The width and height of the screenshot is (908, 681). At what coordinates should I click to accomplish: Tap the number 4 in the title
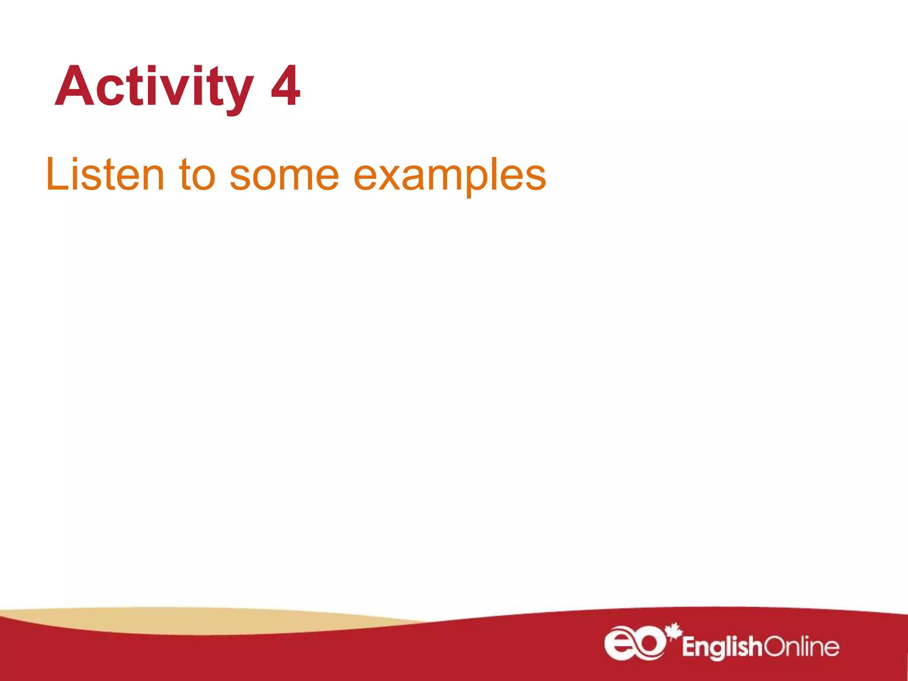(285, 86)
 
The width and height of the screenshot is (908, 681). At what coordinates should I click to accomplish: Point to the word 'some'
(284, 176)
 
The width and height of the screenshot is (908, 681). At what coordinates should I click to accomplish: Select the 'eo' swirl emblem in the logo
(634, 643)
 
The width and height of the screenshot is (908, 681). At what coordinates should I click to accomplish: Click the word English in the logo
(721, 647)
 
